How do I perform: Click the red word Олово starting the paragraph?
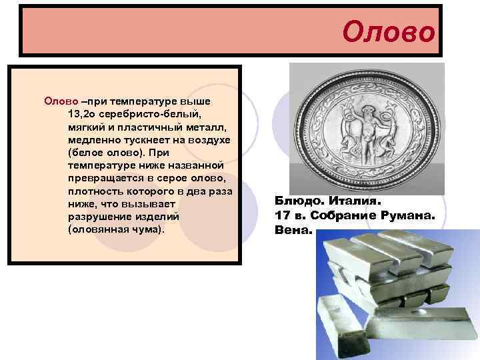[x=61, y=101]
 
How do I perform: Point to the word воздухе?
[x=208, y=139]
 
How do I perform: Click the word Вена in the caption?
[x=291, y=230]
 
